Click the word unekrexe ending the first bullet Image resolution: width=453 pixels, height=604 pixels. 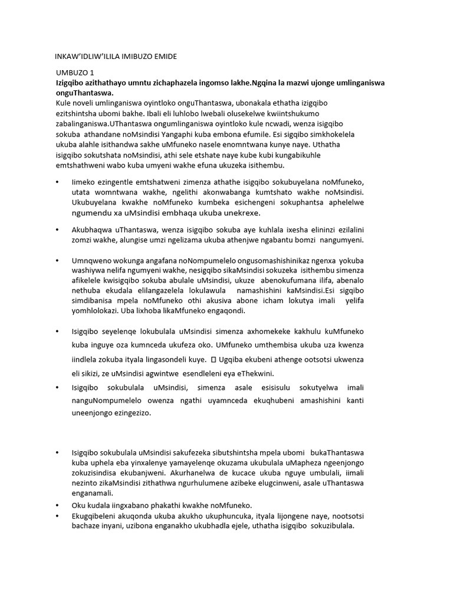(x=240, y=213)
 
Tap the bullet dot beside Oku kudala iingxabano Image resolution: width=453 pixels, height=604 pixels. (x=57, y=505)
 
